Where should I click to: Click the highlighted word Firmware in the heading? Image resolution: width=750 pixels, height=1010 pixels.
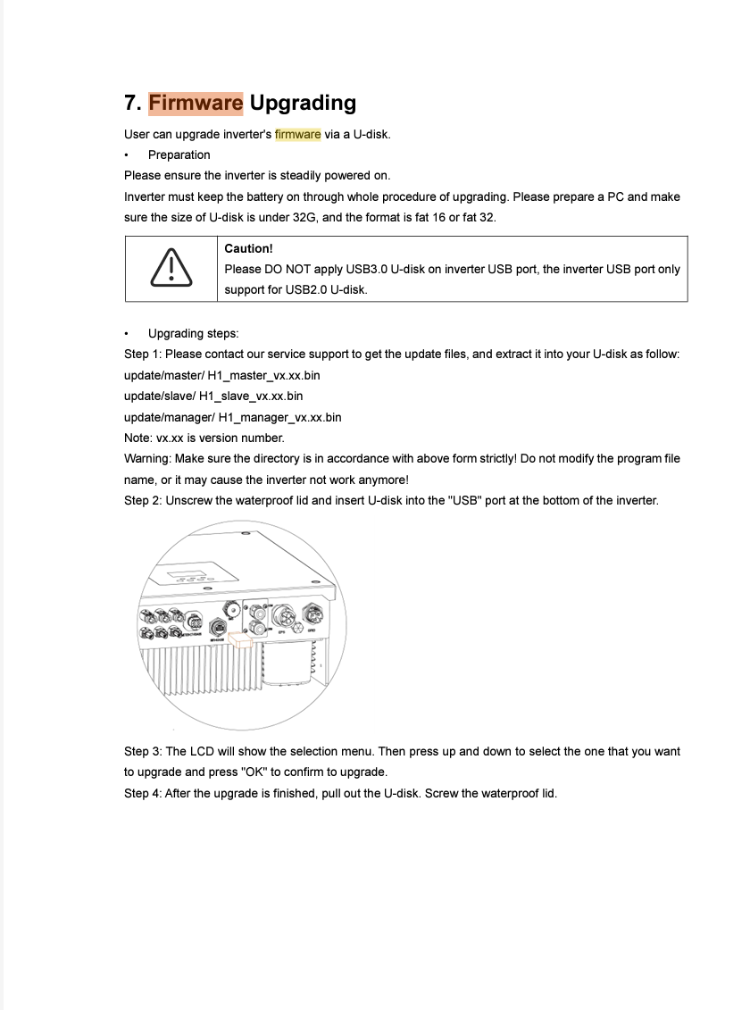(196, 103)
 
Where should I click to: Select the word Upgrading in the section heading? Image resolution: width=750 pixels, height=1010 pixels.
(303, 103)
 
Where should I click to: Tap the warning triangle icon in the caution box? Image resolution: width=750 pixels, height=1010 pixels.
(170, 267)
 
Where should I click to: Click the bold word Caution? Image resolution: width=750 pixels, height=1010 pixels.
(248, 248)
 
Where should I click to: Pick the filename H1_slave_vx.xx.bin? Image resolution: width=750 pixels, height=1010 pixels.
(251, 396)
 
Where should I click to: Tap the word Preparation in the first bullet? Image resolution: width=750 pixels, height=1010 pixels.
(179, 154)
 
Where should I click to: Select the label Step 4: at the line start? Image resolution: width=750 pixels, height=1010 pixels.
(143, 792)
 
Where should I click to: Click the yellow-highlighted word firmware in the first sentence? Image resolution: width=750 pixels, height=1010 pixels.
(297, 134)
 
